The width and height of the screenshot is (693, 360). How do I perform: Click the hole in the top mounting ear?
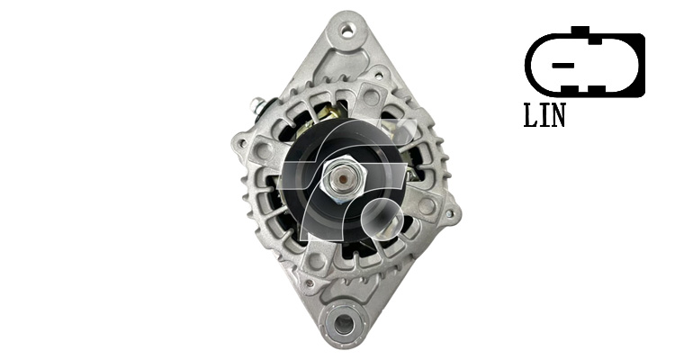(346, 31)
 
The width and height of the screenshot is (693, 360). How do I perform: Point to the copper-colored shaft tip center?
(343, 179)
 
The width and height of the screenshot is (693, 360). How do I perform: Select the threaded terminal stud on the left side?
(257, 105)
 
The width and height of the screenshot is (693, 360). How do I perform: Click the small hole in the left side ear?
(241, 143)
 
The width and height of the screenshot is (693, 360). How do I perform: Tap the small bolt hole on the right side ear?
(449, 214)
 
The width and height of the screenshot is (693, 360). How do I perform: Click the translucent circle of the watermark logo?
(382, 220)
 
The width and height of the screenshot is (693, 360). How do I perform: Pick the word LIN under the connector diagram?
(544, 116)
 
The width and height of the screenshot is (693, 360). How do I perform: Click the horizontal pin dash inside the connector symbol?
(563, 66)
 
